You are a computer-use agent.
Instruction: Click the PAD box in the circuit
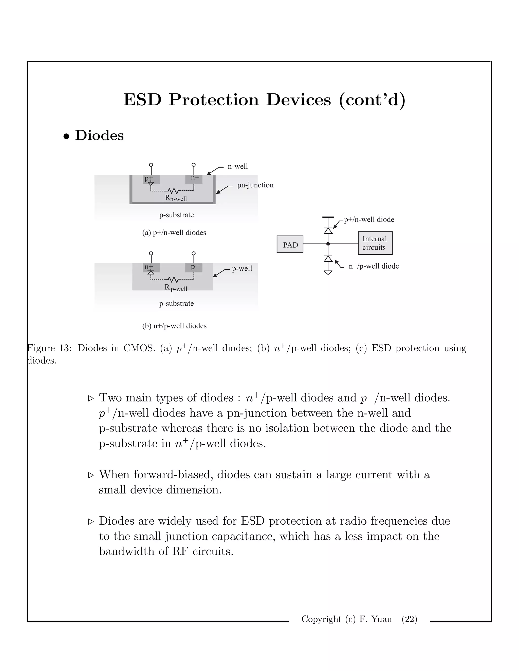click(x=290, y=245)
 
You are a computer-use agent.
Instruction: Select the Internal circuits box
click(x=375, y=243)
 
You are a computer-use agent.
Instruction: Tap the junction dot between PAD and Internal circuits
click(x=328, y=244)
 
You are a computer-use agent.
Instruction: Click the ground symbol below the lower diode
click(x=328, y=272)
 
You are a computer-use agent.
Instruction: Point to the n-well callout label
click(x=237, y=167)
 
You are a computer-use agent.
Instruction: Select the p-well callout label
click(x=242, y=268)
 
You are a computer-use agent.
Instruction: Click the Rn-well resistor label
click(x=176, y=198)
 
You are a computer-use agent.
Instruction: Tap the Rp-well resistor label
click(x=176, y=288)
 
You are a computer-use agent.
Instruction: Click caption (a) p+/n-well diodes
click(x=174, y=233)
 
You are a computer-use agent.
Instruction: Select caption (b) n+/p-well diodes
click(x=174, y=326)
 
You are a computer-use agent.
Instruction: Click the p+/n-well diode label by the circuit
click(x=369, y=220)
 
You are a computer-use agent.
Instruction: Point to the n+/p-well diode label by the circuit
click(x=374, y=266)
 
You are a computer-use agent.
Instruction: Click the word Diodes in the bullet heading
click(x=99, y=135)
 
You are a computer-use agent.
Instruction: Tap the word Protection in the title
click(x=214, y=100)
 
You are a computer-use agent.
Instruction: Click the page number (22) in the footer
click(x=409, y=619)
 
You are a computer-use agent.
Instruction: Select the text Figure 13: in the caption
click(x=49, y=348)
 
